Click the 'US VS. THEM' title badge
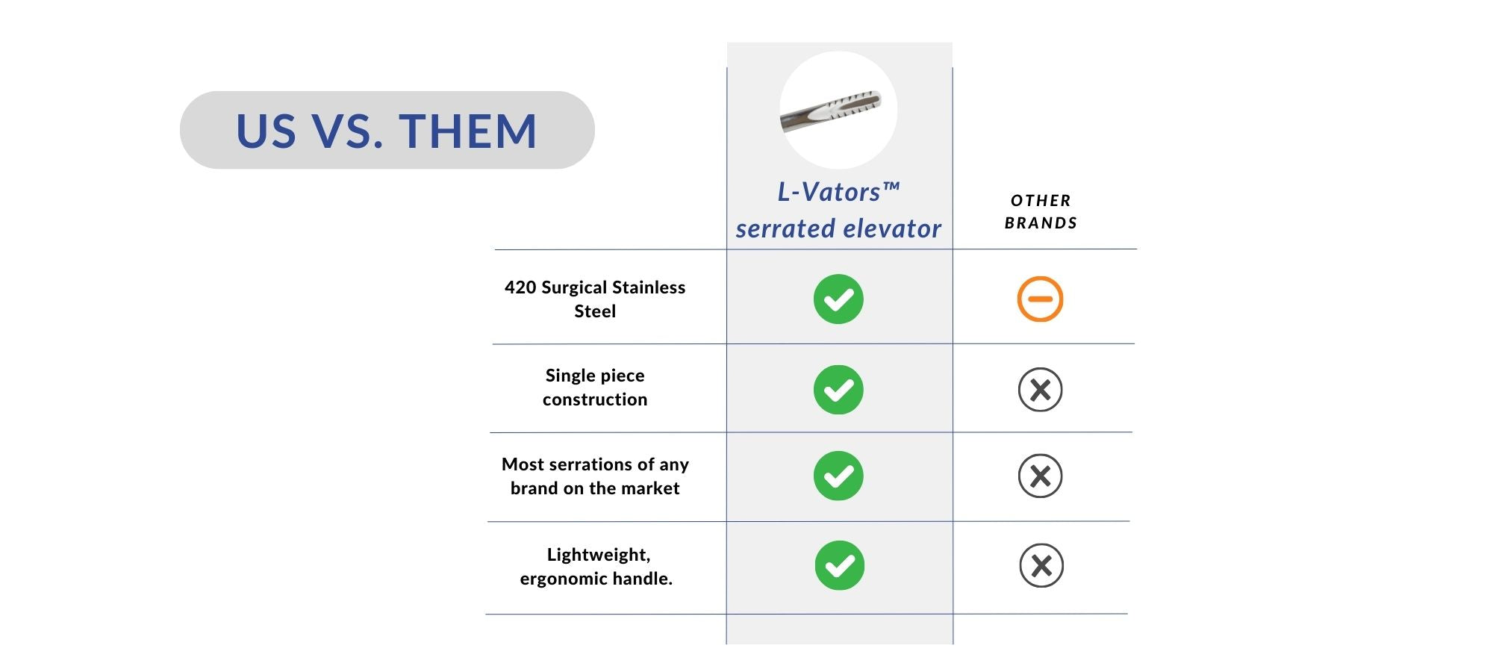[387, 130]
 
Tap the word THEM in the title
[468, 131]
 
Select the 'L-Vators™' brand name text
[838, 192]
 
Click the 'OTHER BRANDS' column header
[1041, 211]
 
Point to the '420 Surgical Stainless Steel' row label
[595, 299]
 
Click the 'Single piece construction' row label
[595, 387]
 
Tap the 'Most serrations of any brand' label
[595, 476]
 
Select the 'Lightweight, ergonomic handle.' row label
[596, 566]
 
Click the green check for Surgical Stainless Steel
[838, 299]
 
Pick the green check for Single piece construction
[838, 390]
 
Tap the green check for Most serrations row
[838, 476]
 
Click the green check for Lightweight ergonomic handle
[840, 565]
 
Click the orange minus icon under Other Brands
[1040, 299]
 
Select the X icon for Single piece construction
[1040, 390]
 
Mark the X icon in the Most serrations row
[1040, 476]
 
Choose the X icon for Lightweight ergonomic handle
[1041, 565]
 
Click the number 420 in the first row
[520, 287]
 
